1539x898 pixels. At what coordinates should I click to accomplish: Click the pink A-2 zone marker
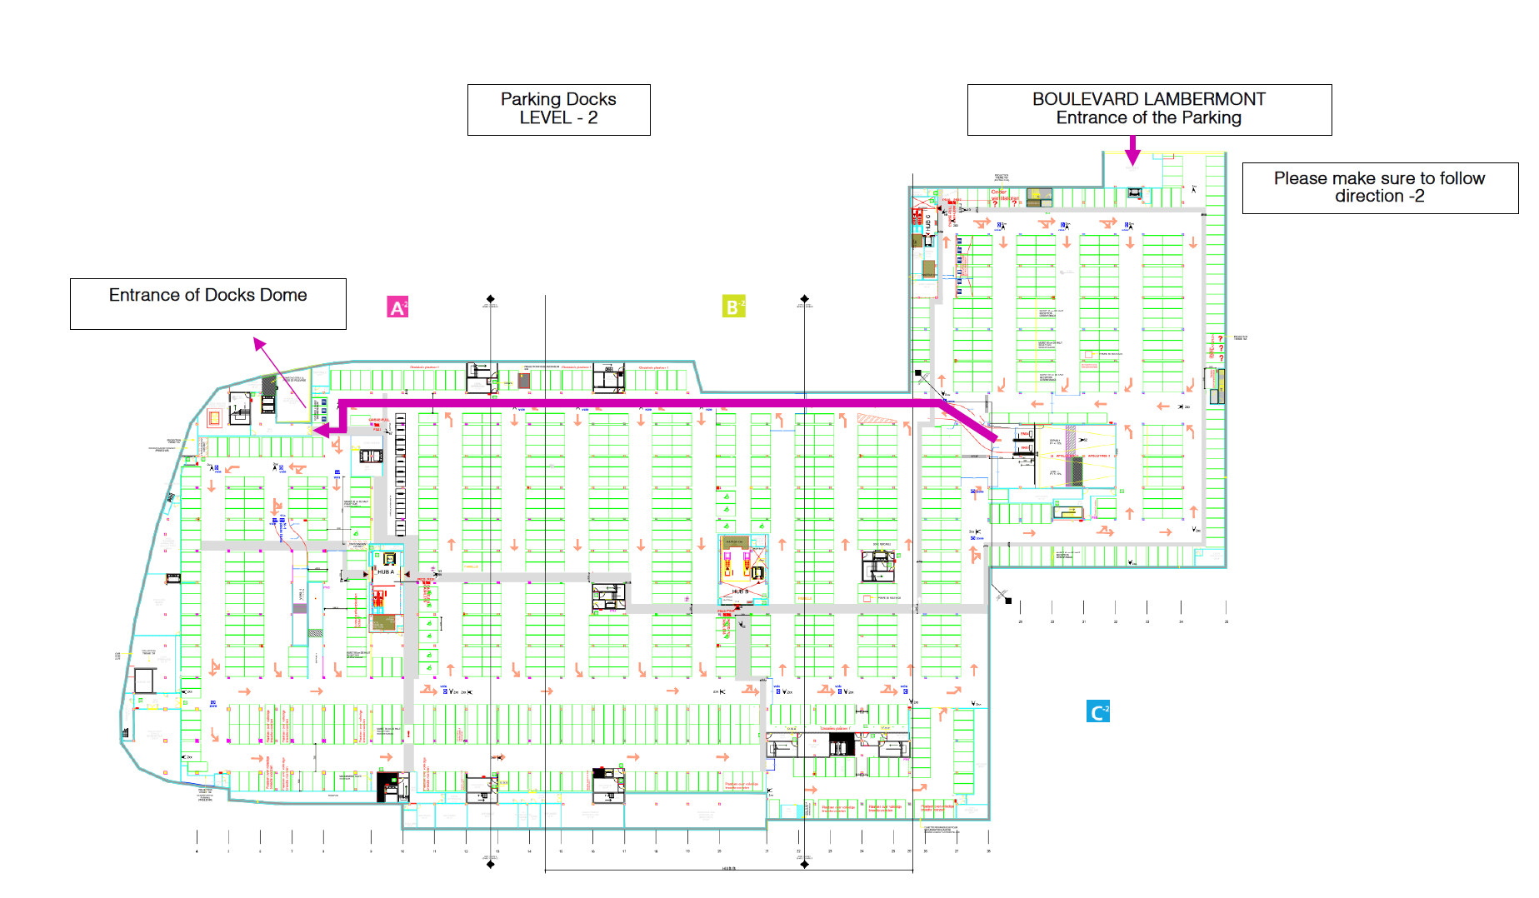(x=397, y=307)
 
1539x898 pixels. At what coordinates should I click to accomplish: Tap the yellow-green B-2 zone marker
(x=733, y=307)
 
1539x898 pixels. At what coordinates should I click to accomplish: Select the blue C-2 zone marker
(x=1098, y=711)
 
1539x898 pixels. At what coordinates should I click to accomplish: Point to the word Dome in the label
(x=283, y=295)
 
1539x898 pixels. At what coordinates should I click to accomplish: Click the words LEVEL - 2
(x=558, y=118)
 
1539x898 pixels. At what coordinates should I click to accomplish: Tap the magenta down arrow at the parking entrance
(x=1132, y=152)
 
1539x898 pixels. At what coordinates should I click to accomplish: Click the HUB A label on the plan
(x=386, y=572)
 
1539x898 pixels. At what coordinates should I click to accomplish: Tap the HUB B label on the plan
(x=738, y=591)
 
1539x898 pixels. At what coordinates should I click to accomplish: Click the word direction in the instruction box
(x=1369, y=197)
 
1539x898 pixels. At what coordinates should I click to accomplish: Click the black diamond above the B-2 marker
(x=804, y=298)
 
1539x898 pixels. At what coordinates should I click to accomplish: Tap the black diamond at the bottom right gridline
(x=804, y=865)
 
